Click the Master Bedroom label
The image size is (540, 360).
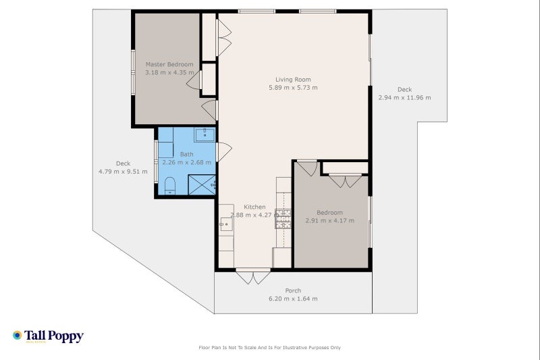pos(169,64)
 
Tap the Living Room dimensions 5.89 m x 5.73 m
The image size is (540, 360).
pos(293,88)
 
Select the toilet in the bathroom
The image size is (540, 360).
pos(170,185)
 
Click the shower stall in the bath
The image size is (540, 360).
pos(202,184)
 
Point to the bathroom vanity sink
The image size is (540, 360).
pos(205,134)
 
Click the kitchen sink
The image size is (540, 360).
pos(226,224)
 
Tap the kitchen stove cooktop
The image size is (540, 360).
pos(283,219)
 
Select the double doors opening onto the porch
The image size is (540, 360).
pos(253,277)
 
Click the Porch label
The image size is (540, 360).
pos(293,290)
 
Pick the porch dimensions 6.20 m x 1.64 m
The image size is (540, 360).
pos(293,299)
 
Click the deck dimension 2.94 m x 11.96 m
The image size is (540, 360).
pos(404,98)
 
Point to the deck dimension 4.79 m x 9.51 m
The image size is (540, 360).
pos(123,172)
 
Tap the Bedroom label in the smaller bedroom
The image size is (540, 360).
pos(329,213)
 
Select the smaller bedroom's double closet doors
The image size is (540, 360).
pos(345,181)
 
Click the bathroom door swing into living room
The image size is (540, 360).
pos(224,152)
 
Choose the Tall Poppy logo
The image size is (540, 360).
pos(48,336)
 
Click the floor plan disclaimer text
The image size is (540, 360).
pos(269,348)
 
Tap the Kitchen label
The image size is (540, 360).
pos(254,207)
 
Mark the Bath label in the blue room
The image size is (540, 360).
pos(187,155)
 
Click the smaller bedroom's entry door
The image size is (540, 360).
pos(307,168)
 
